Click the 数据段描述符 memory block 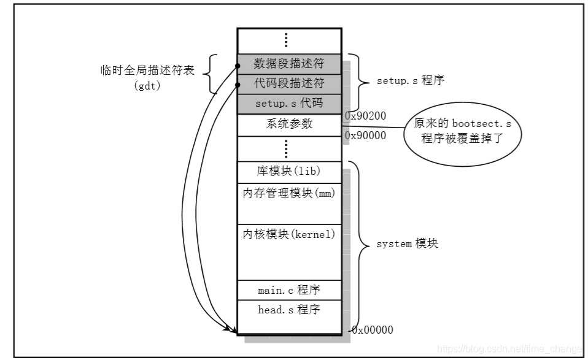289,63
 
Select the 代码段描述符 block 289,83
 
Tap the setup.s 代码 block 289,104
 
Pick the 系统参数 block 289,124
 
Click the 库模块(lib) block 289,170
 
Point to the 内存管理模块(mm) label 289,193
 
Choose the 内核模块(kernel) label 289,234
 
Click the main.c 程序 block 289,290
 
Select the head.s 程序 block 289,310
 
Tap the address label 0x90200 365,115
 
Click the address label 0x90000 365,136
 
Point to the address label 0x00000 372,330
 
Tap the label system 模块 407,244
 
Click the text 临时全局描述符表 147,71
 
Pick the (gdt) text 147,85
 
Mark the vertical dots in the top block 286,40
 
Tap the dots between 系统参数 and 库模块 286,148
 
